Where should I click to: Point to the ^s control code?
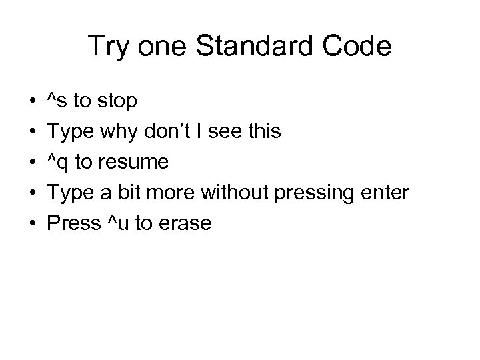point(57,101)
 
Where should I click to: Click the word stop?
point(117,102)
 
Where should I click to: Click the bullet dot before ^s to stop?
point(32,102)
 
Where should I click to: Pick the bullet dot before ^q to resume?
point(32,163)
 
